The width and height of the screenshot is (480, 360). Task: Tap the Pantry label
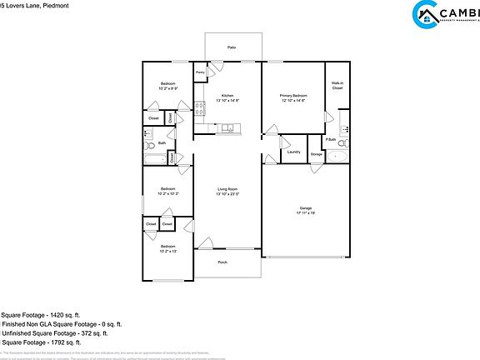[x=200, y=73]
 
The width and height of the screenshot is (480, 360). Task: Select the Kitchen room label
[x=227, y=96]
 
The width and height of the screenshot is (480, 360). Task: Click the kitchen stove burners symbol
[x=200, y=107]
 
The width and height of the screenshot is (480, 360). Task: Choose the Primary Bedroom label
[x=292, y=96]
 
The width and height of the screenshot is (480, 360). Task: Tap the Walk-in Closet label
[x=337, y=85]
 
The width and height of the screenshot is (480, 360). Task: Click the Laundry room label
[x=293, y=152]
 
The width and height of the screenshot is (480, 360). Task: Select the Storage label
[x=317, y=154]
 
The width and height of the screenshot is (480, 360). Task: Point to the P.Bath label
[x=331, y=139]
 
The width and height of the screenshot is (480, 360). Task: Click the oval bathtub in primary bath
[x=337, y=156]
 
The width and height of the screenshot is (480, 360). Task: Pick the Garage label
[x=306, y=207]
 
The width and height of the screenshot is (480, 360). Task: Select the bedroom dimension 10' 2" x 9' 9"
[x=168, y=88]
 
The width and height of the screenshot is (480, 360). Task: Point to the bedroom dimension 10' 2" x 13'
[x=168, y=251]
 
